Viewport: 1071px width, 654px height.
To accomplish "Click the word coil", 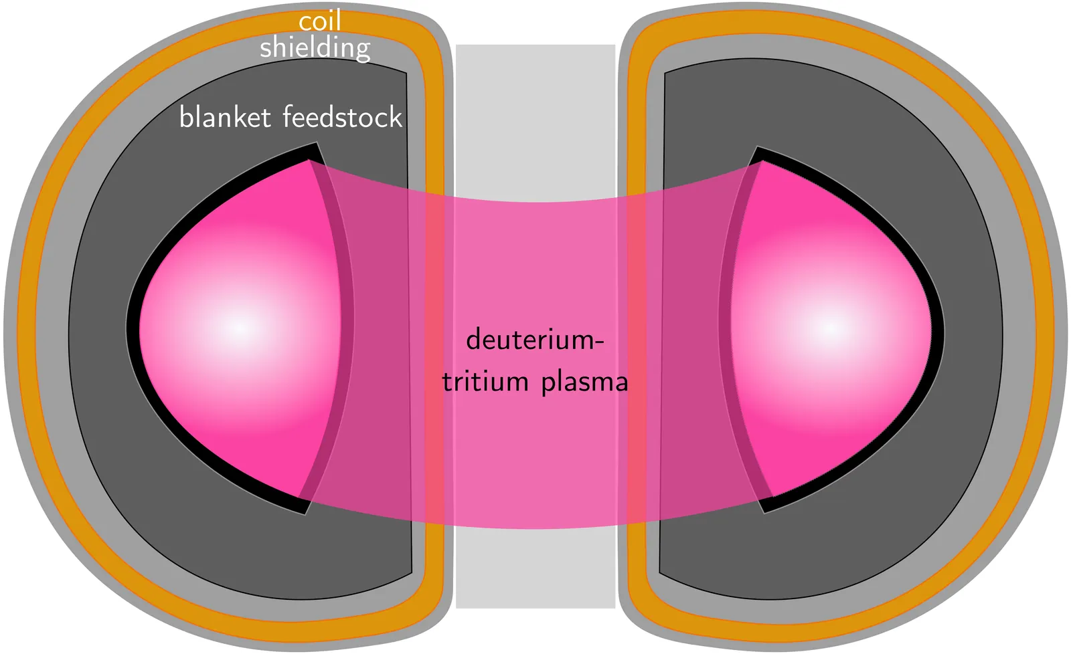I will [320, 21].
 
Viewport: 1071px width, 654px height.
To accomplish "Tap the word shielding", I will [315, 48].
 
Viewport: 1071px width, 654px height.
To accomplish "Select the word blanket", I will [225, 118].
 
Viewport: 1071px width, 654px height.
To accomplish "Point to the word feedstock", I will [342, 118].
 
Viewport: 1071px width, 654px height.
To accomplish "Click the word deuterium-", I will [535, 340].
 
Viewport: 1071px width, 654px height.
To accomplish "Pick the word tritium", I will [485, 382].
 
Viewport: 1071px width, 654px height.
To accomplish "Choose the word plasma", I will [584, 383].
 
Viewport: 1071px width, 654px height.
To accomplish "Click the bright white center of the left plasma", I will [240, 328].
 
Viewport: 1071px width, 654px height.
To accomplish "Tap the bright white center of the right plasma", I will [831, 328].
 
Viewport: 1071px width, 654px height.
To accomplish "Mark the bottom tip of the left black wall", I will [305, 512].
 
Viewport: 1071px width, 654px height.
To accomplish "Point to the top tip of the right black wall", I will [758, 148].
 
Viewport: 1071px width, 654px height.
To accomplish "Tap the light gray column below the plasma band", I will [535, 568].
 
